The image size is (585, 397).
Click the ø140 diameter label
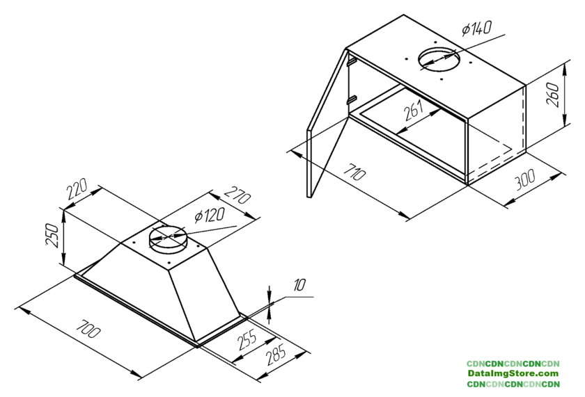pyautogui.click(x=477, y=28)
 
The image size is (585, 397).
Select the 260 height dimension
pyautogui.click(x=552, y=95)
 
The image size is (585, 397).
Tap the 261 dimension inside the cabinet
pyautogui.click(x=414, y=111)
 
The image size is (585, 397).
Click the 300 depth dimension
pyautogui.click(x=525, y=179)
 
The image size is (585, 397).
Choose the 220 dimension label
pyautogui.click(x=77, y=189)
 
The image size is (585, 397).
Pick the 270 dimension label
pyautogui.click(x=237, y=193)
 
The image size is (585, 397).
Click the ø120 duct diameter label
pyautogui.click(x=210, y=216)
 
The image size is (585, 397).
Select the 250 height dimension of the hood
pyautogui.click(x=52, y=236)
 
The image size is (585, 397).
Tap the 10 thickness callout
pyautogui.click(x=299, y=286)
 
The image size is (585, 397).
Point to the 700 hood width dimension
pyautogui.click(x=88, y=328)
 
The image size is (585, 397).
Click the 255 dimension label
pyautogui.click(x=247, y=340)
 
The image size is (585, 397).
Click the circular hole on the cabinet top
pyautogui.click(x=438, y=59)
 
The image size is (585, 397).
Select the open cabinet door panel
pyautogui.click(x=327, y=123)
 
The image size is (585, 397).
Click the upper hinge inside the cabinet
pyautogui.click(x=351, y=60)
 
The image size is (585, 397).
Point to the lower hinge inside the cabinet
pyautogui.click(x=351, y=99)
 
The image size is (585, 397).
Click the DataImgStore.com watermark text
pyautogui.click(x=513, y=373)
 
